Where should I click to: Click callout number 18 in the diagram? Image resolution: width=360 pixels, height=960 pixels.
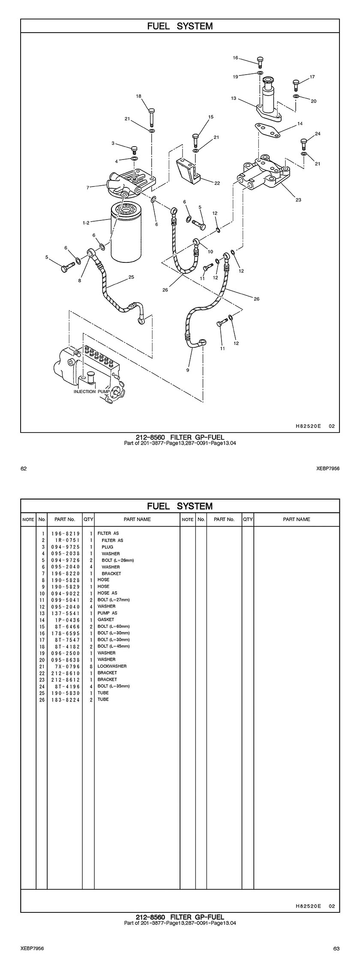(138, 96)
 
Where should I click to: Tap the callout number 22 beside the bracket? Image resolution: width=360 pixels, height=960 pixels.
(217, 183)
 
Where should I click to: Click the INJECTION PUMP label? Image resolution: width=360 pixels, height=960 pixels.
(90, 391)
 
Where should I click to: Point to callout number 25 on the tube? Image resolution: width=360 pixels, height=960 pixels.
(131, 277)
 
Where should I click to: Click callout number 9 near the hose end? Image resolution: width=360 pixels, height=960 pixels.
(188, 370)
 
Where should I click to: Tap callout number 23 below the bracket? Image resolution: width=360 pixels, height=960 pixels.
(298, 200)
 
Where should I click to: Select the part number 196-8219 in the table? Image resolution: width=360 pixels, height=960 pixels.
(66, 533)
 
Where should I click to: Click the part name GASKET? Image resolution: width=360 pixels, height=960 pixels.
(106, 620)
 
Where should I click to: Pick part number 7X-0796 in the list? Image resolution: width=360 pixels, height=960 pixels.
(66, 666)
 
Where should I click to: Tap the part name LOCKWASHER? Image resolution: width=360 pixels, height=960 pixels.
(112, 666)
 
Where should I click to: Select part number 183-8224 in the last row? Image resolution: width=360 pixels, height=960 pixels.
(66, 699)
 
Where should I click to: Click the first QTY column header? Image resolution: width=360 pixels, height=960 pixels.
(88, 519)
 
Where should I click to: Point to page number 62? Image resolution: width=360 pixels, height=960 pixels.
(24, 469)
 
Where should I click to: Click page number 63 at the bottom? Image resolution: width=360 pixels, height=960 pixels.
(336, 948)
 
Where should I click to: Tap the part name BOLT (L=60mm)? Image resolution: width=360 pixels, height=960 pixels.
(114, 626)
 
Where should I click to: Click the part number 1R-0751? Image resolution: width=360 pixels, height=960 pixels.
(66, 540)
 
